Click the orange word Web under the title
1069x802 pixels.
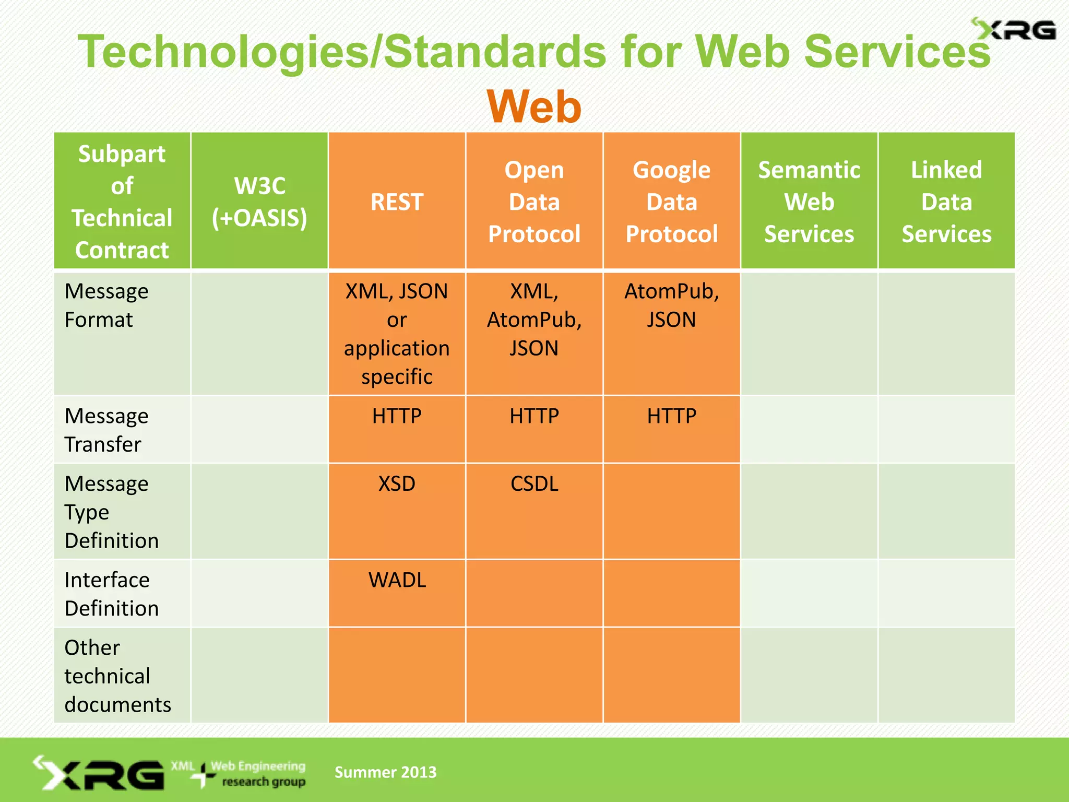(534, 107)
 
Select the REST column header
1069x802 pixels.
(397, 202)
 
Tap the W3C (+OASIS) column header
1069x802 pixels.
(259, 202)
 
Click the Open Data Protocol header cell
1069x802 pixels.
(534, 202)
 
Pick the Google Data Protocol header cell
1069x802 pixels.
(671, 202)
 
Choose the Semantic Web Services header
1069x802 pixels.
(809, 202)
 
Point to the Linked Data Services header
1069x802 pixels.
(946, 202)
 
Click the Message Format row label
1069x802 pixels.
(106, 305)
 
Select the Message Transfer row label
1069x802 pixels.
(106, 430)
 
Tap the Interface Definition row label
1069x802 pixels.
(111, 594)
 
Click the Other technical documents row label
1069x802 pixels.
(117, 676)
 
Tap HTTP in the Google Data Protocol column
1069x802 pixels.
(671, 416)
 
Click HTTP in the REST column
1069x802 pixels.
(397, 416)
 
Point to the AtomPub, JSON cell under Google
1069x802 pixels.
(671, 305)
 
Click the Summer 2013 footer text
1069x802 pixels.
(385, 772)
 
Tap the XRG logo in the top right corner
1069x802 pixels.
(1014, 30)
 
